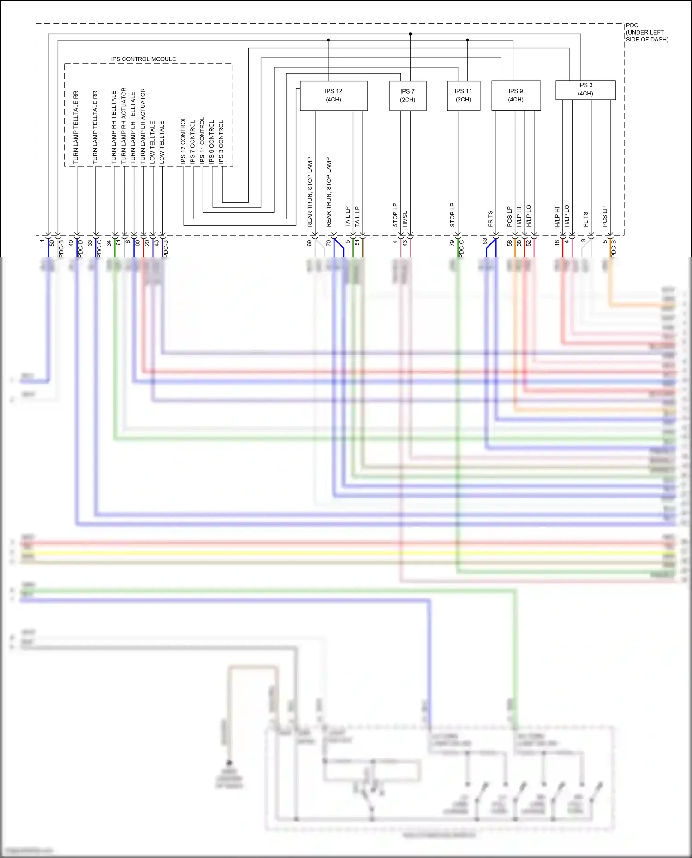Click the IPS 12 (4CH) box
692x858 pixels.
[x=334, y=95]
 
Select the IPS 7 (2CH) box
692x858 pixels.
[x=407, y=95]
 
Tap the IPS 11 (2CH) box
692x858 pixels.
[x=463, y=95]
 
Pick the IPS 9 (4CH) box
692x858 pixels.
[x=516, y=95]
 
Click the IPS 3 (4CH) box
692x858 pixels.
[x=585, y=89]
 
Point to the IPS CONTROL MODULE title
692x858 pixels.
[x=143, y=59]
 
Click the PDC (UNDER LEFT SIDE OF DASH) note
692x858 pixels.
[x=647, y=32]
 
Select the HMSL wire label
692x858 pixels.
[x=405, y=219]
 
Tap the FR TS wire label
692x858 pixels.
[x=490, y=219]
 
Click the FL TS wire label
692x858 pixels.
[x=586, y=219]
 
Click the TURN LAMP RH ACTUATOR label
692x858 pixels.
[x=124, y=125]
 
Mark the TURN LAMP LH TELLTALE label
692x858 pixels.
[x=133, y=127]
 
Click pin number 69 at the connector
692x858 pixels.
[x=310, y=243]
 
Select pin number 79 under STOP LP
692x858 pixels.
[x=452, y=243]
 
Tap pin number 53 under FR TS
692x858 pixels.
[x=484, y=241]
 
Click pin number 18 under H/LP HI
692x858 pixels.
[x=557, y=242]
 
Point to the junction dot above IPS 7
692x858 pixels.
[x=410, y=34]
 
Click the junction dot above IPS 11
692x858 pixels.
[x=467, y=40]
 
